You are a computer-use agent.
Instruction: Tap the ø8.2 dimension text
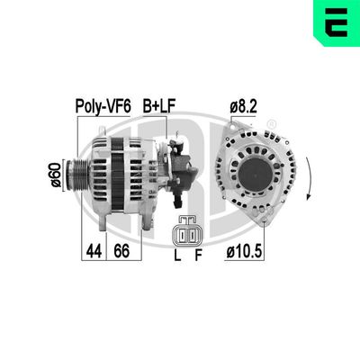(x=245, y=106)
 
